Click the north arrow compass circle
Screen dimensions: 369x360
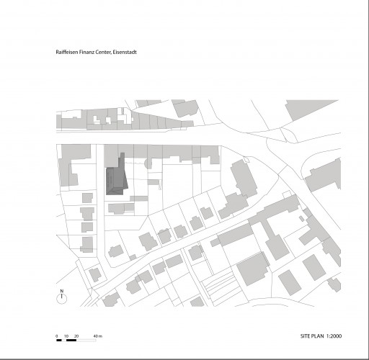62,299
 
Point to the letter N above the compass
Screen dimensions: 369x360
62,291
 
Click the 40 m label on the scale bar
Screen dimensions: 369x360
98,336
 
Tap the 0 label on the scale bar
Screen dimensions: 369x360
57,336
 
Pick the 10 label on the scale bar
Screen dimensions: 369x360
66,336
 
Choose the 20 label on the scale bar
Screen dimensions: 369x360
76,336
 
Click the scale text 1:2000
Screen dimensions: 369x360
334,336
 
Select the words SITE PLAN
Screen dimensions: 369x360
312,336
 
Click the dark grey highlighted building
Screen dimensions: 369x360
116,179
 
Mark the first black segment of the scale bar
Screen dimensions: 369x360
59,340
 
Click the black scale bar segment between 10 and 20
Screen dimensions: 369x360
71,340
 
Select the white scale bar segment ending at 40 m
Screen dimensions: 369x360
86,340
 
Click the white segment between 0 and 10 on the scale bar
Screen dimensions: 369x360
64,340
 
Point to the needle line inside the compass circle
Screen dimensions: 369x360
62,296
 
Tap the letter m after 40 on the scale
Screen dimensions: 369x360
101,336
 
